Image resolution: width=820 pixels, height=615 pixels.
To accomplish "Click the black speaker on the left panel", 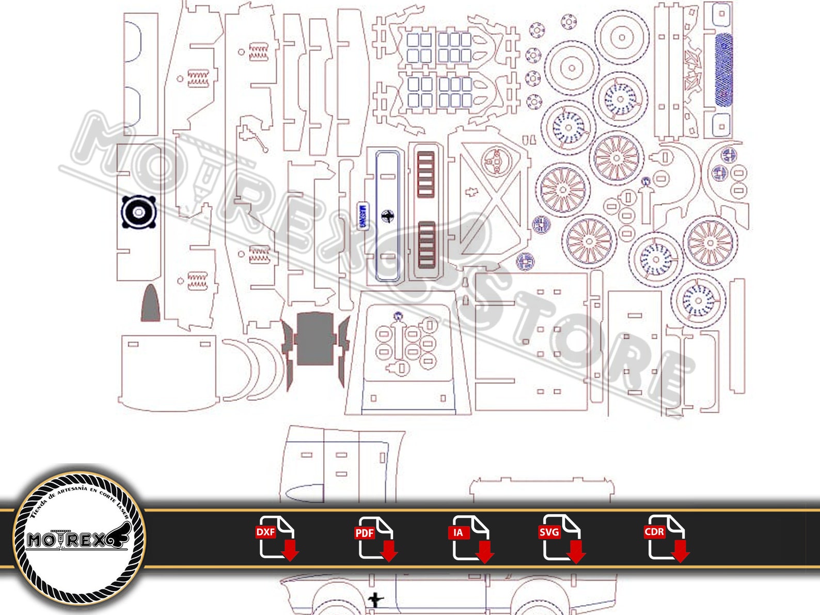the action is pyautogui.click(x=138, y=212).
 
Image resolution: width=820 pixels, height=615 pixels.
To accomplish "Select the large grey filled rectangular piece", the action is pyautogui.click(x=316, y=339).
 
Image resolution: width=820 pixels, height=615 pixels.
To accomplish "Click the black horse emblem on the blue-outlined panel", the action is pyautogui.click(x=387, y=216).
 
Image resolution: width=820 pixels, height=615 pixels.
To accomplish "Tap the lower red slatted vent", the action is pyautogui.click(x=427, y=245).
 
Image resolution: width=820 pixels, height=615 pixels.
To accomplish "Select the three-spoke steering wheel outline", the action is pyautogui.click(x=496, y=161).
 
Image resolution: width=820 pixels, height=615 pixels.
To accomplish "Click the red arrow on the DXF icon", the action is pyautogui.click(x=291, y=551).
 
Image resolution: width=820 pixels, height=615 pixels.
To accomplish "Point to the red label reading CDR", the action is pyautogui.click(x=654, y=531).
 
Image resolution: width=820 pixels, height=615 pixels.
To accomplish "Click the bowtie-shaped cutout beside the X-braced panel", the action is pyautogui.click(x=470, y=192).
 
